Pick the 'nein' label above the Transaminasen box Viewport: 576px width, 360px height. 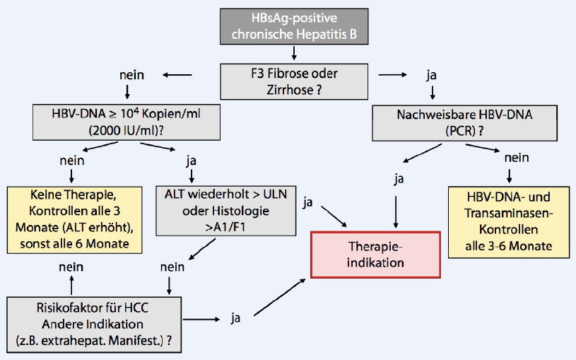click(510, 161)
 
